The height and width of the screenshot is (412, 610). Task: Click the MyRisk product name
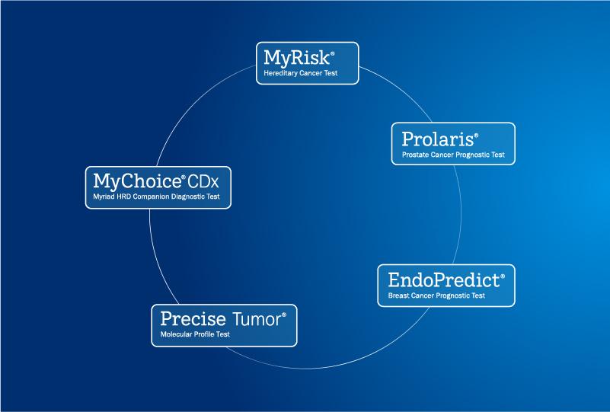coord(297,59)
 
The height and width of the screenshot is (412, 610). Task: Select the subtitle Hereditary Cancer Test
coord(300,73)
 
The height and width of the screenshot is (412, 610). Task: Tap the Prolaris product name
coord(438,139)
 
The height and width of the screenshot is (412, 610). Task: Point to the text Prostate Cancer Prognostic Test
coord(453,155)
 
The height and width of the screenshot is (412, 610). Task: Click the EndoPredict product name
coord(444,280)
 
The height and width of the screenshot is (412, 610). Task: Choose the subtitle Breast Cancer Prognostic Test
coord(436,295)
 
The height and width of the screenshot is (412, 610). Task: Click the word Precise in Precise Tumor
coord(193,319)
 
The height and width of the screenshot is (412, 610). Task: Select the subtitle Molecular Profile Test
coord(195,334)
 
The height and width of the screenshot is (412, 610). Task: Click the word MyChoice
coord(137,182)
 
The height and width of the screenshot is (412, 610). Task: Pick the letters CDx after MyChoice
coord(203,182)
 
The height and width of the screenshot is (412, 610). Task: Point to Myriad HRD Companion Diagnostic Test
coord(156,196)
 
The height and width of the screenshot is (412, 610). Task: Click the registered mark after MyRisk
coord(333,53)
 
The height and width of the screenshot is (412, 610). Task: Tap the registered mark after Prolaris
coord(476,136)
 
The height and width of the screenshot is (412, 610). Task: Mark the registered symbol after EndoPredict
coord(503,276)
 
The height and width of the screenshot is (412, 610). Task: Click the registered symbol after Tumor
coord(284,315)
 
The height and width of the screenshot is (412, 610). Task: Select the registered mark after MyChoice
coord(184,177)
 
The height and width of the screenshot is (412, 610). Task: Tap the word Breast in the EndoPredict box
coord(399,295)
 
